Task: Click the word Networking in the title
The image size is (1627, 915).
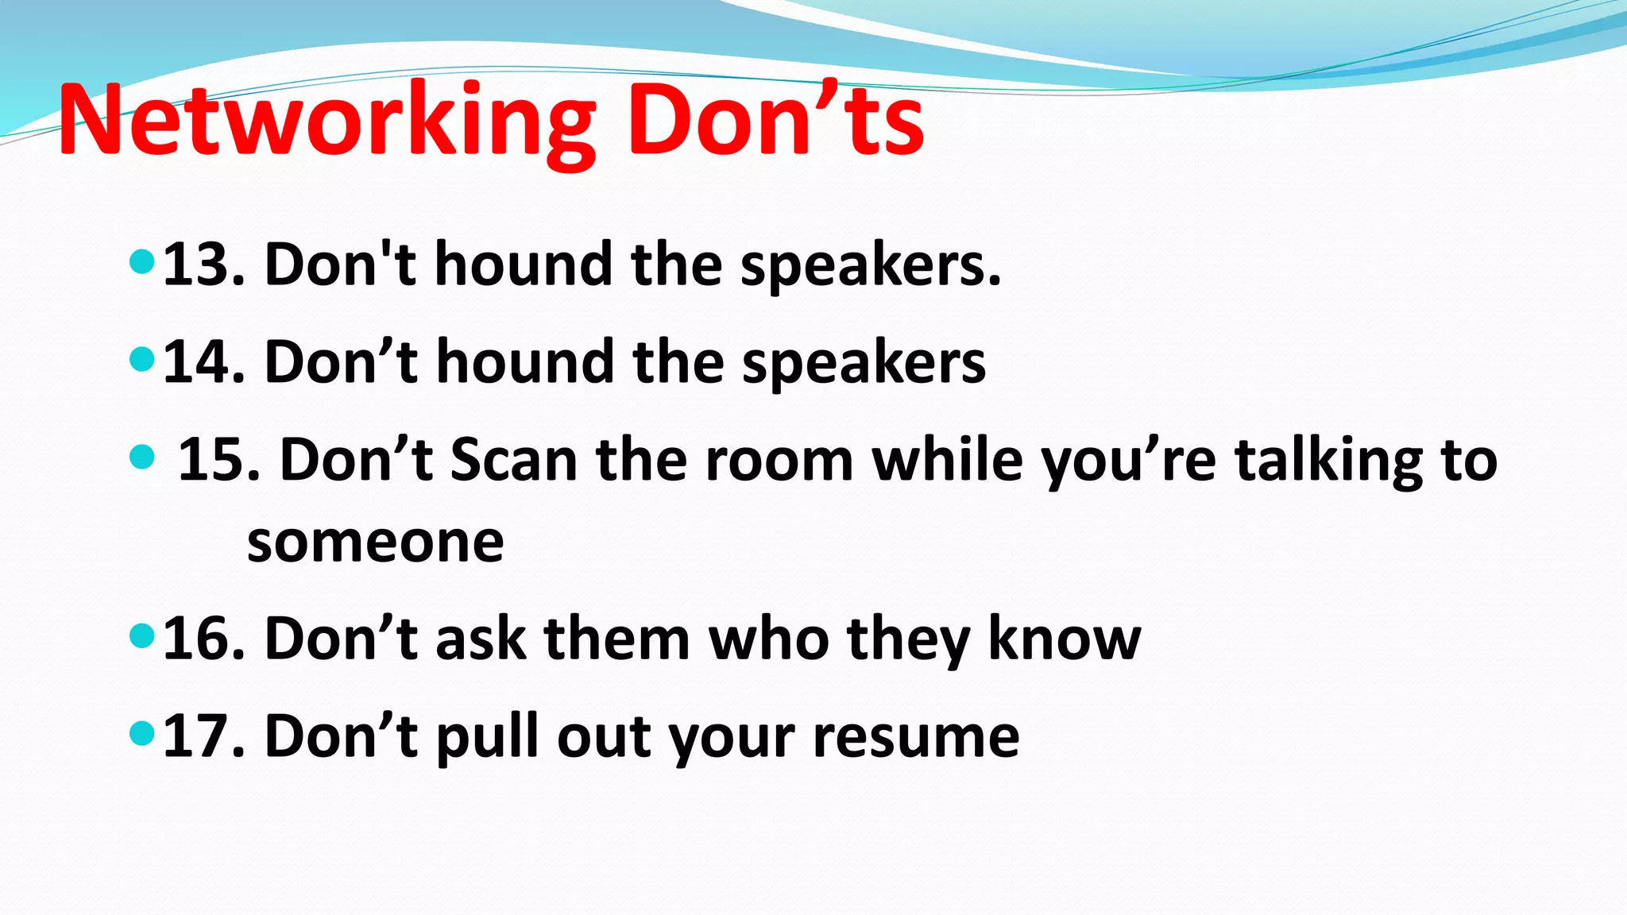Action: pyautogui.click(x=327, y=122)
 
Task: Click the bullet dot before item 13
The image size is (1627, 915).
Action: pyautogui.click(x=141, y=261)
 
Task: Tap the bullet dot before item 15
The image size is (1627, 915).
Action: pyautogui.click(x=141, y=457)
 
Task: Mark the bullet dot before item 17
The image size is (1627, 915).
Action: pyautogui.click(x=141, y=732)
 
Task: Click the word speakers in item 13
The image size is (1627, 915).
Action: pyautogui.click(x=870, y=266)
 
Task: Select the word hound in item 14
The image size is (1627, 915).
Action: pyautogui.click(x=524, y=362)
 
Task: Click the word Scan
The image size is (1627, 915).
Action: pyautogui.click(x=513, y=461)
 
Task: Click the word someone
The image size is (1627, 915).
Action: pyautogui.click(x=375, y=543)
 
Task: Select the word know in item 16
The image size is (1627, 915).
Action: pyautogui.click(x=1064, y=639)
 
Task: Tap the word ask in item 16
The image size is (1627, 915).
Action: pyautogui.click(x=481, y=639)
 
